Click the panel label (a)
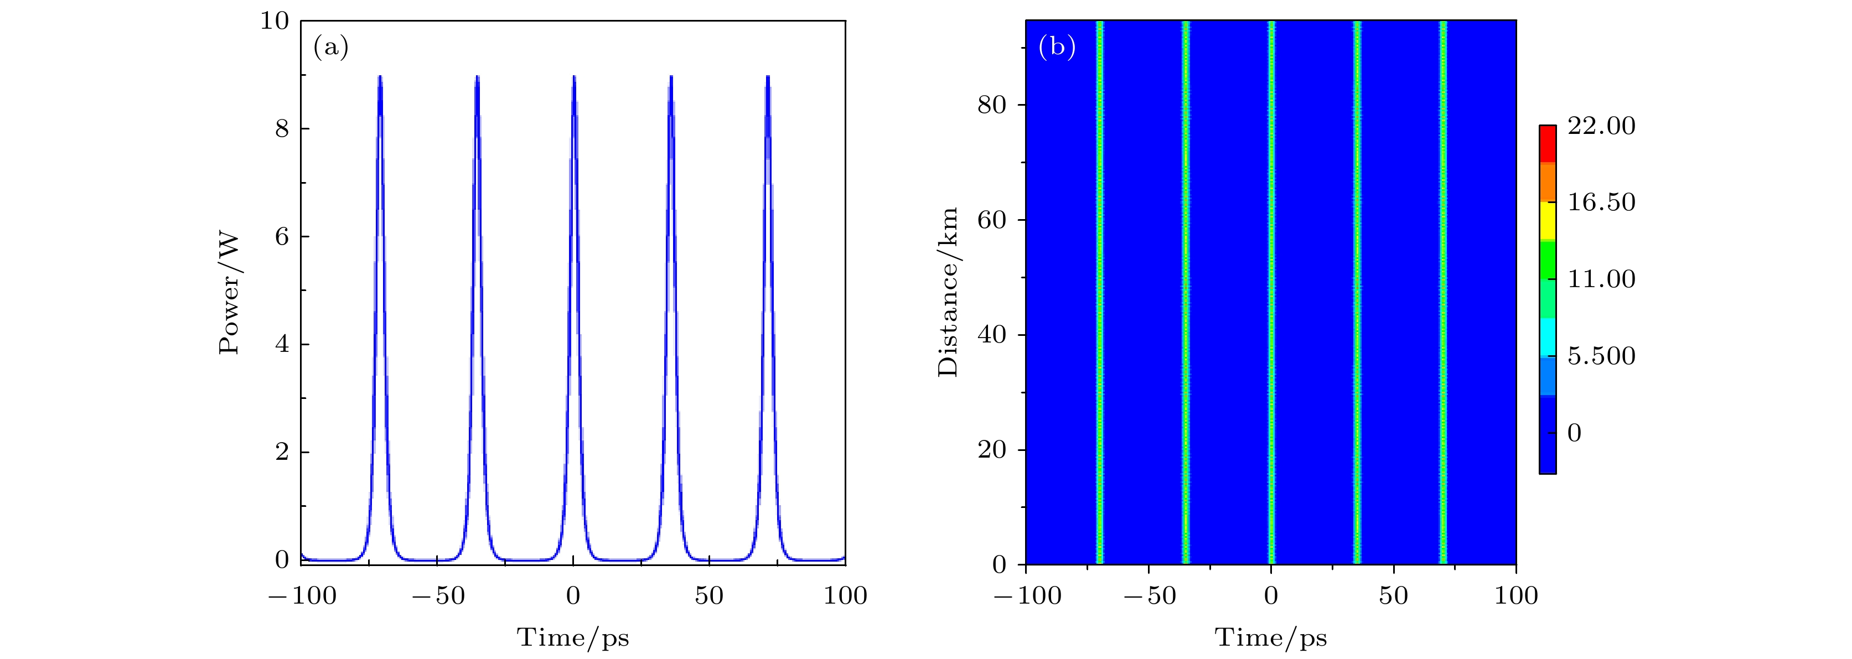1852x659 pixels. click(x=331, y=48)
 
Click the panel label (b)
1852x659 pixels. click(x=1057, y=48)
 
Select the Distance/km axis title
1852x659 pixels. click(x=948, y=292)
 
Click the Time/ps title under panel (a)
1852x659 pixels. click(x=572, y=637)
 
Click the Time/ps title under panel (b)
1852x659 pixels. click(x=1270, y=637)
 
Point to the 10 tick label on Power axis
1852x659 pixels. click(x=275, y=21)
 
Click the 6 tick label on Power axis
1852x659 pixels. click(x=282, y=236)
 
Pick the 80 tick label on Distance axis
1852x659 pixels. click(x=991, y=105)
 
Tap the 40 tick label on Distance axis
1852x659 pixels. click(x=991, y=335)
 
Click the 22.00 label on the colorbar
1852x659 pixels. click(x=1601, y=126)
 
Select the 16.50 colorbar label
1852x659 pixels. click(x=1601, y=202)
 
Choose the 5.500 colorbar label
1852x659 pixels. click(x=1601, y=356)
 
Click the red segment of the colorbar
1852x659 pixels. click(x=1547, y=144)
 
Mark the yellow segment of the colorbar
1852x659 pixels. click(x=1547, y=221)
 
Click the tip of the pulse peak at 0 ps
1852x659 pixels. click(x=574, y=76)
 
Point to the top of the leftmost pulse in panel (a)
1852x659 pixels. click(x=380, y=76)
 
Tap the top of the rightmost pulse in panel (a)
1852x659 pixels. click(x=768, y=76)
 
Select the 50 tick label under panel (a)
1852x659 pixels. click(x=709, y=596)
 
